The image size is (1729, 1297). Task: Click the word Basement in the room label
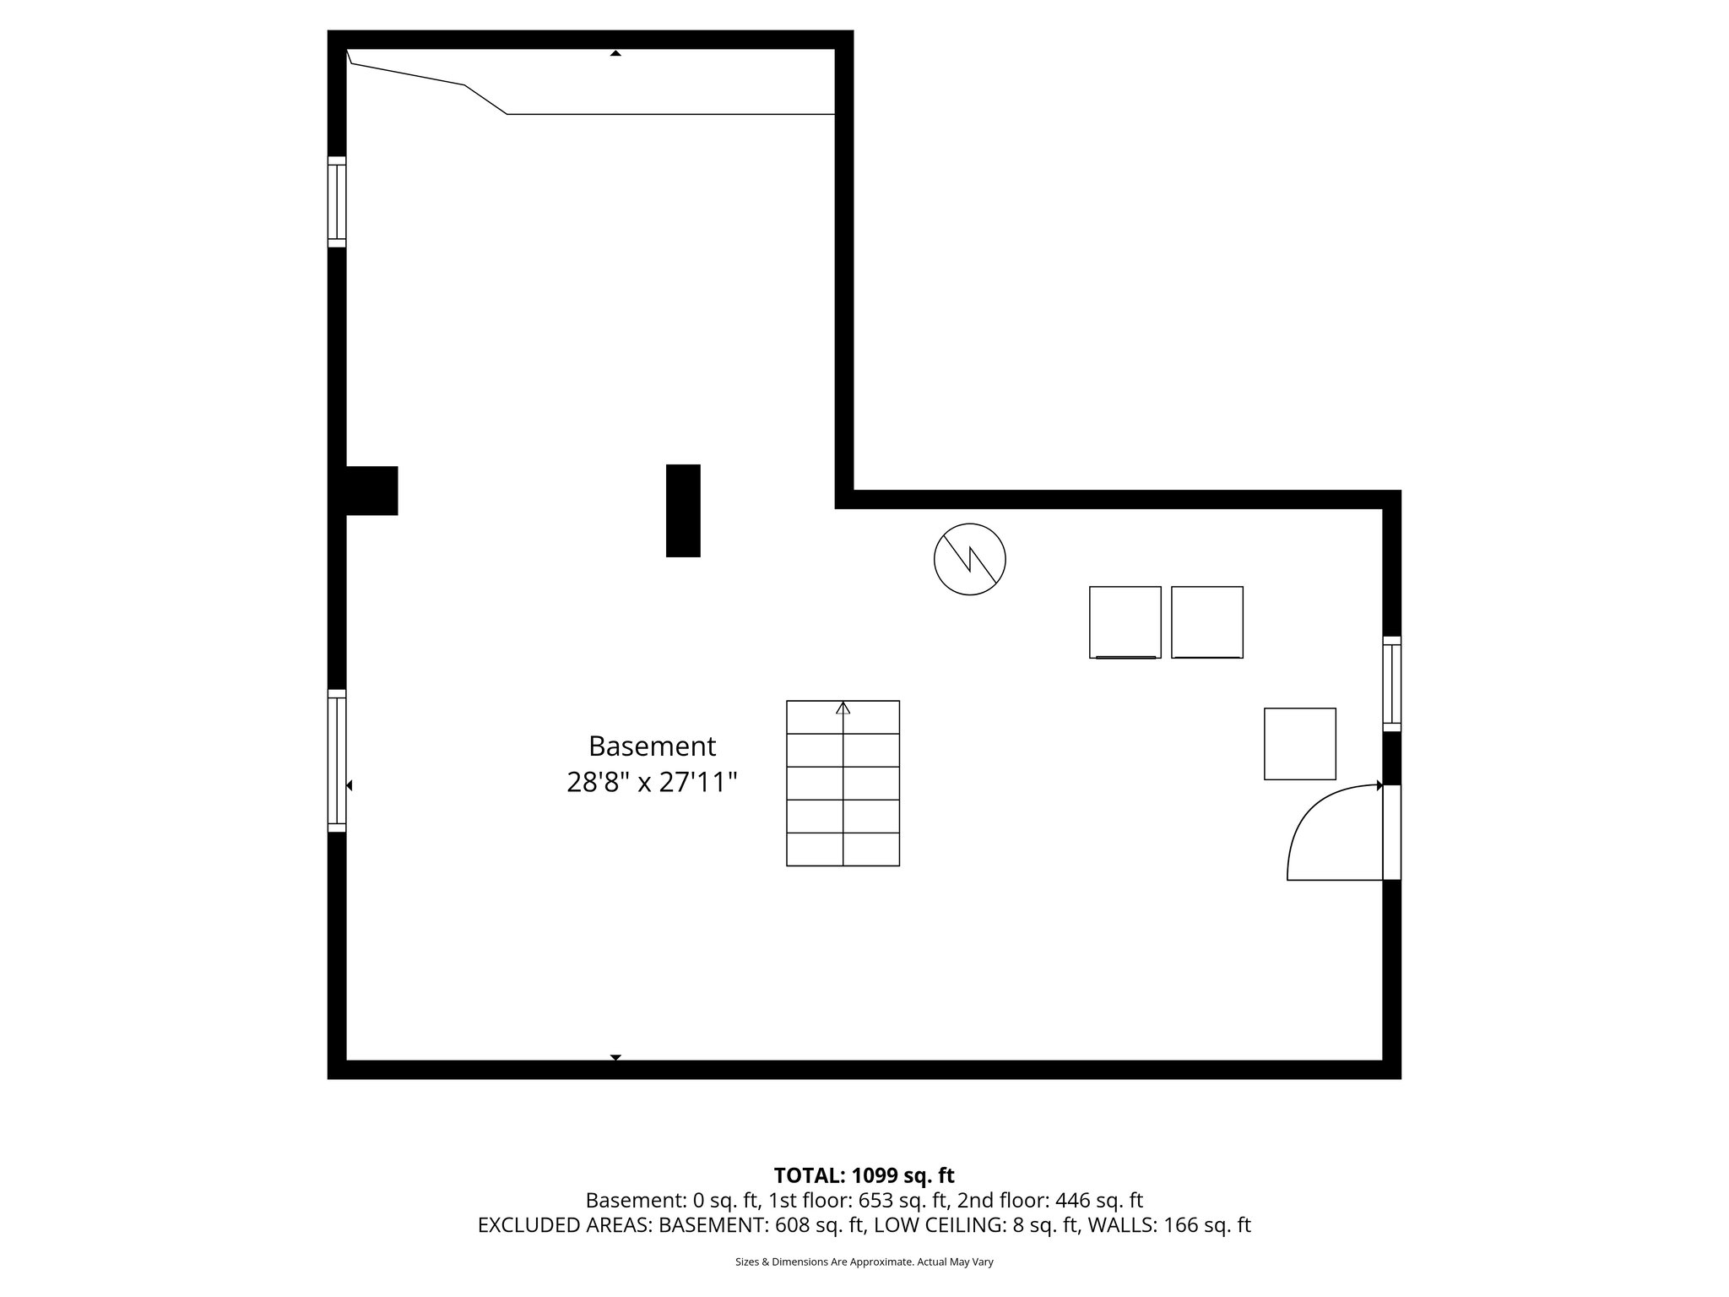(652, 746)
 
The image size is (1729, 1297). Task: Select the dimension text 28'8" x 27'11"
(652, 783)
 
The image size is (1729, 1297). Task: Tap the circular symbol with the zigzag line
(969, 559)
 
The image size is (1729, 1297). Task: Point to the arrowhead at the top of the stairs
(843, 708)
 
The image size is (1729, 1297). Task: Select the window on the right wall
(1391, 683)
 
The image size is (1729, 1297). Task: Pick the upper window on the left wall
(337, 202)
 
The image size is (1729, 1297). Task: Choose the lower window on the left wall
(337, 761)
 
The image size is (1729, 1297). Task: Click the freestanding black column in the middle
(683, 510)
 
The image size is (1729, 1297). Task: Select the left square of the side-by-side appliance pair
(1125, 622)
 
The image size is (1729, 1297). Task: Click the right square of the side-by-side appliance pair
(1206, 622)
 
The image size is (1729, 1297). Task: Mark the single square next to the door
(1299, 744)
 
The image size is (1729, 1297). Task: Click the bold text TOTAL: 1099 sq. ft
(864, 1175)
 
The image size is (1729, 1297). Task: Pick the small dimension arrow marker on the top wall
(615, 53)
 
